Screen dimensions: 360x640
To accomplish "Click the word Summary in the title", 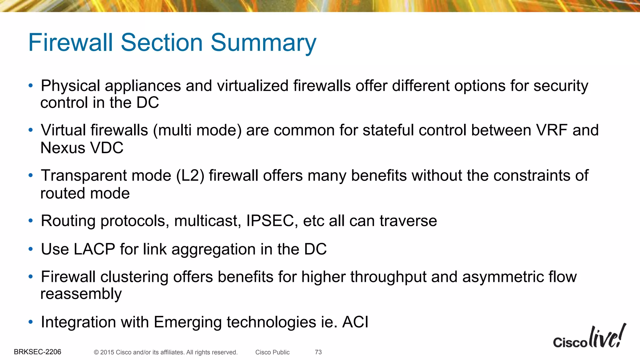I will pos(263,43).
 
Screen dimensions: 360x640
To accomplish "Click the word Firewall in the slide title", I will pos(70,43).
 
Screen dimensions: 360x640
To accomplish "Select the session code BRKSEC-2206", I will pos(37,352).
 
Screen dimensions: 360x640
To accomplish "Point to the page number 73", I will pos(318,352).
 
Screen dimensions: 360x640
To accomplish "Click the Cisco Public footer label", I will pos(272,352).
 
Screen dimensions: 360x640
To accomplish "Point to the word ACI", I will pos(355,322).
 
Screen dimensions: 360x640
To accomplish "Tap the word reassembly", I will pos(81,294).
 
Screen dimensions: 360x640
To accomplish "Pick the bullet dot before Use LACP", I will pos(30,249).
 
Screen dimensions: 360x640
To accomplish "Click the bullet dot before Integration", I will pos(30,322).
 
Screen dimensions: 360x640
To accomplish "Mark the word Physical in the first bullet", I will pos(71,86).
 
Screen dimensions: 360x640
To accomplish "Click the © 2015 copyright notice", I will pos(166,352).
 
